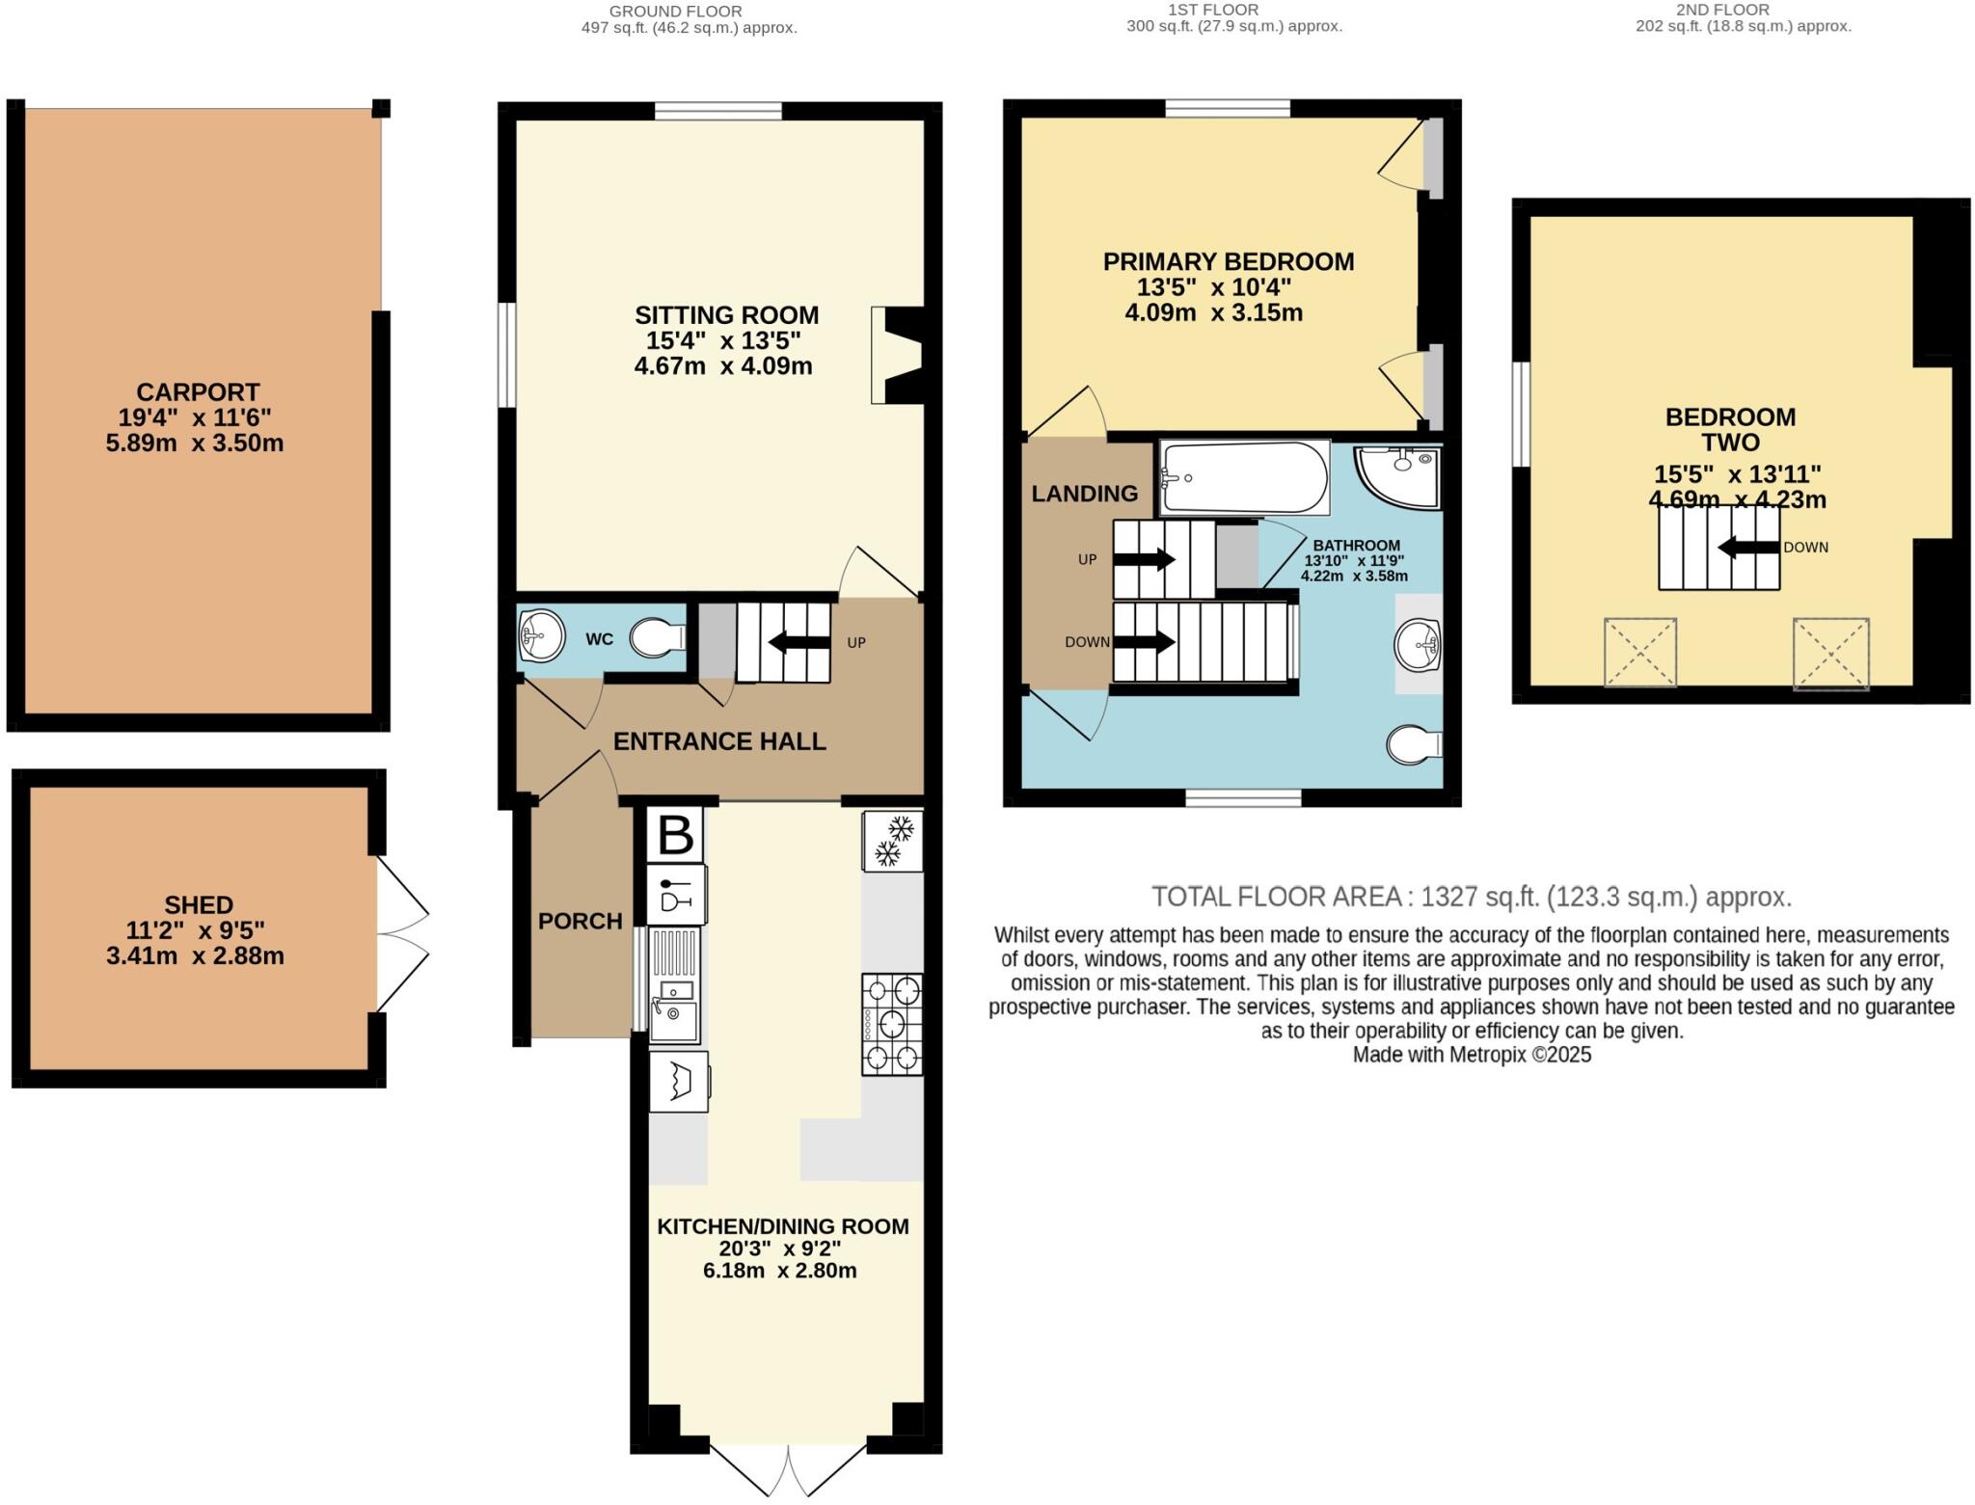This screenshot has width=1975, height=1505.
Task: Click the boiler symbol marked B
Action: click(x=675, y=835)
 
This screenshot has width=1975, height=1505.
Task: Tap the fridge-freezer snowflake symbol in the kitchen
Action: click(x=892, y=842)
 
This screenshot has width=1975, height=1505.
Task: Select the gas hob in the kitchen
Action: click(x=892, y=1024)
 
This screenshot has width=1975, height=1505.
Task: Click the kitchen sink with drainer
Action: click(x=674, y=984)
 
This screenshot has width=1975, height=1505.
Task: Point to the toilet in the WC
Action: click(x=658, y=638)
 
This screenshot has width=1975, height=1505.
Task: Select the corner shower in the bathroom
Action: click(x=1399, y=475)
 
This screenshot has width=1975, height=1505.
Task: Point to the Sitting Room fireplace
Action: click(x=897, y=355)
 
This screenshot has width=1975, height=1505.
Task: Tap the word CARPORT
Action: click(x=198, y=392)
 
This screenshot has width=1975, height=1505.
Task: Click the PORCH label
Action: click(x=580, y=921)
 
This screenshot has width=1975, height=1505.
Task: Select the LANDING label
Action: click(x=1084, y=494)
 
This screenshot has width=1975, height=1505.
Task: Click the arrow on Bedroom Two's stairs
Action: click(x=1748, y=548)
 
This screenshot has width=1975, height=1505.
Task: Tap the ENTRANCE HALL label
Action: click(x=719, y=741)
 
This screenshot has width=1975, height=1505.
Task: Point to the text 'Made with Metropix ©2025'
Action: click(x=1472, y=1055)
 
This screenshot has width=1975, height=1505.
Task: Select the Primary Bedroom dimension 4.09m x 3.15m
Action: click(x=1213, y=312)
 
